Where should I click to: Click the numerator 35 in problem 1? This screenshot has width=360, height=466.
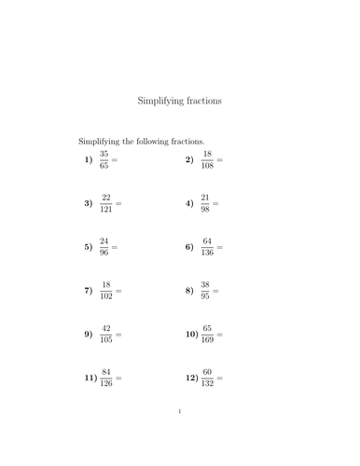104,154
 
